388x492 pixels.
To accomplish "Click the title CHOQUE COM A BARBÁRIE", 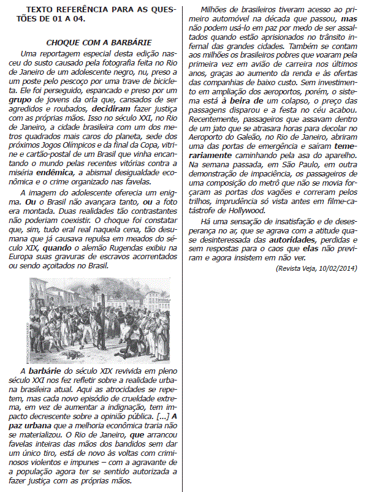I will click(100, 42).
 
